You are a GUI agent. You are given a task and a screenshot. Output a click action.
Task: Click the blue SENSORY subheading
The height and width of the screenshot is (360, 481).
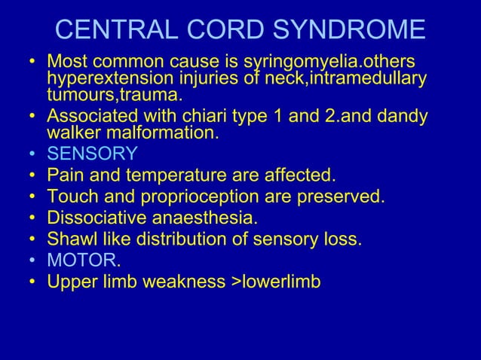(92, 154)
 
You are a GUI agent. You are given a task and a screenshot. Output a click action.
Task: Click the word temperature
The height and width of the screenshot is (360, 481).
(169, 176)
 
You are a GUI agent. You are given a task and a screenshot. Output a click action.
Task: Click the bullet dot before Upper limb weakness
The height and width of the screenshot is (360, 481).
(32, 283)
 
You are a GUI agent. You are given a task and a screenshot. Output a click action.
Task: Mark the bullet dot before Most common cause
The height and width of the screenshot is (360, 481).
(32, 60)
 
